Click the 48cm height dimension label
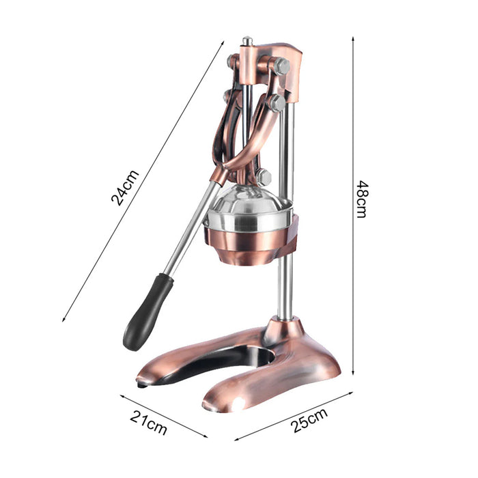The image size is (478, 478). click(363, 199)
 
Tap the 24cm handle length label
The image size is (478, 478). click(125, 188)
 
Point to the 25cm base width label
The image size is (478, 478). click(309, 419)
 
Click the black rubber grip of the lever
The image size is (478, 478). click(148, 311)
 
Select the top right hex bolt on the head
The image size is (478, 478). click(281, 66)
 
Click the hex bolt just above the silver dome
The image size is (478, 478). click(264, 178)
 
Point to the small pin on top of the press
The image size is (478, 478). click(247, 41)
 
